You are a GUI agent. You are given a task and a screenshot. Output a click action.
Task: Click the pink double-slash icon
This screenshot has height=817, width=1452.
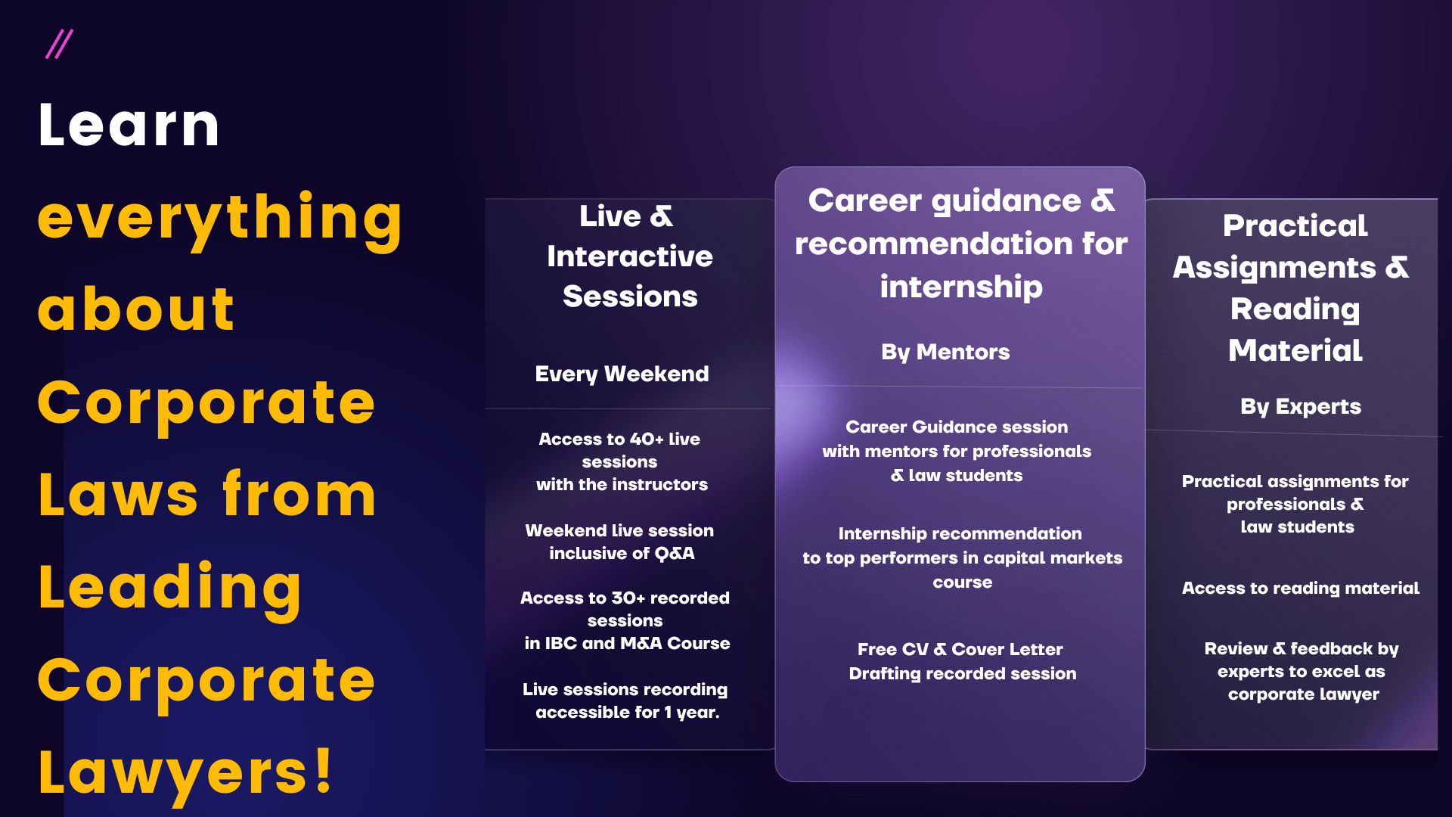59,44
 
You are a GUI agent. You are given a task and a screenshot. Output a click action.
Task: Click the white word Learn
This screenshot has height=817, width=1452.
129,125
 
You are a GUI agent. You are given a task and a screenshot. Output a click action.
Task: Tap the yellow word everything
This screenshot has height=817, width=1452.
220,219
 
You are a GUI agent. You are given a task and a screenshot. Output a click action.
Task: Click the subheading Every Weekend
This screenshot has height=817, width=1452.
622,374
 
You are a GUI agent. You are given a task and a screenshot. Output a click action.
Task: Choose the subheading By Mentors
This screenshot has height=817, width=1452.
945,353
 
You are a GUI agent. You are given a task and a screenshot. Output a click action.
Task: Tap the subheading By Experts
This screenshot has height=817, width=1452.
1301,407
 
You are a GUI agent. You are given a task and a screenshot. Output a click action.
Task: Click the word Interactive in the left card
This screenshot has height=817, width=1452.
630,256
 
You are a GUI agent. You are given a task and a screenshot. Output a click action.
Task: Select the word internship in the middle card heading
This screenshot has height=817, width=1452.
961,287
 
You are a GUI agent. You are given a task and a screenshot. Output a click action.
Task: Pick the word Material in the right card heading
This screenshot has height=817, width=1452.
1295,350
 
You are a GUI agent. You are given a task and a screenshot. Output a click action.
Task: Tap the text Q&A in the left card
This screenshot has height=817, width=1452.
675,554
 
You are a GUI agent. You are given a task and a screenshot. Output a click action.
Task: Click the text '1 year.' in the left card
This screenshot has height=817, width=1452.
692,713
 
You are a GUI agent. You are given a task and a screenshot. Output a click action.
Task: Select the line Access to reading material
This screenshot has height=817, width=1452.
1301,589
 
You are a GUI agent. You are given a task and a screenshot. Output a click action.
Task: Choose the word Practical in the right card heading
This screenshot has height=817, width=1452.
1295,225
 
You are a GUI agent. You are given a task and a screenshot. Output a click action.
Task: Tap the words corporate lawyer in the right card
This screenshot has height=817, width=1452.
1304,694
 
